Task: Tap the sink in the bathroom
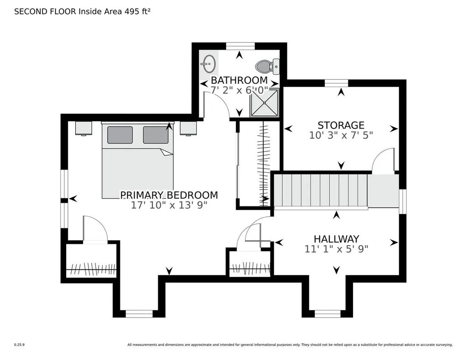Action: [209, 63]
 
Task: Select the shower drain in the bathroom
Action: [265, 103]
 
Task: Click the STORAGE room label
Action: [341, 125]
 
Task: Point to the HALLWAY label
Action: [336, 239]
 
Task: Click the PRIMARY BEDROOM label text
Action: [169, 195]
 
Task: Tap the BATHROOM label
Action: [239, 80]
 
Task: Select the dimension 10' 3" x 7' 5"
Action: [341, 135]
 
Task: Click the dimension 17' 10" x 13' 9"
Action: [169, 205]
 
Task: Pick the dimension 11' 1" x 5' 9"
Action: [336, 249]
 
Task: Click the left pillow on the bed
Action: [120, 135]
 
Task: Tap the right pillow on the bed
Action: [156, 135]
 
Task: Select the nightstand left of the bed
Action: [83, 128]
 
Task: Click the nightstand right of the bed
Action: [188, 128]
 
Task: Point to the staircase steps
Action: [321, 190]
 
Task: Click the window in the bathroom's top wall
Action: [240, 46]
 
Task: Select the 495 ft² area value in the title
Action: [137, 11]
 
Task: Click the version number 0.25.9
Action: [19, 345]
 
